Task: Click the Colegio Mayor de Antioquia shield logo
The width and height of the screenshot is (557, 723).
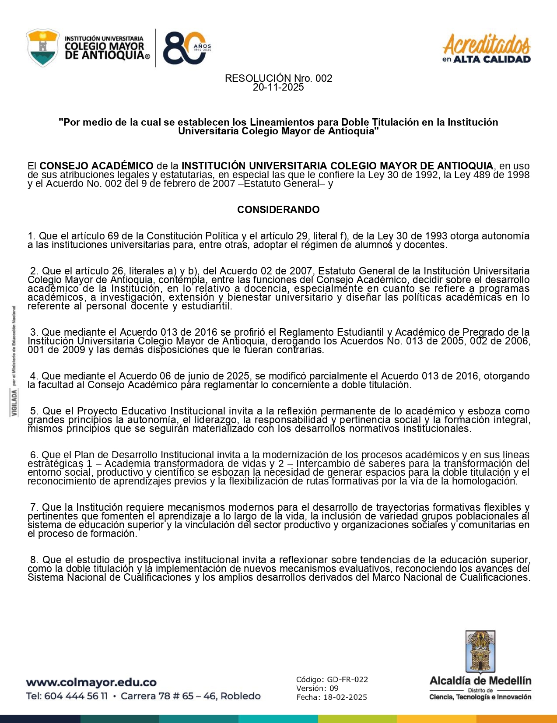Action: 42,48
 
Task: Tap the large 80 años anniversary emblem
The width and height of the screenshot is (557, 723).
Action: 186,48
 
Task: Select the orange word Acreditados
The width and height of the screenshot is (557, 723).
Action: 487,44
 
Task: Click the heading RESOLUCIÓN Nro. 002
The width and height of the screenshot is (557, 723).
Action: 278,78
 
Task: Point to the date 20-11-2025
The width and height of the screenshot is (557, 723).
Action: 278,87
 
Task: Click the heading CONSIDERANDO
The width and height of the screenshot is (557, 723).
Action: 278,210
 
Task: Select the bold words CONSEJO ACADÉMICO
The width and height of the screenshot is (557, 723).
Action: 96,166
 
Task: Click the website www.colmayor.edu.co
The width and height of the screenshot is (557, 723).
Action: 91,682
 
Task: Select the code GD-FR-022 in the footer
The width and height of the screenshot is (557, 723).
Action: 347,680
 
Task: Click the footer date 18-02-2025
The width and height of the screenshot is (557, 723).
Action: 345,697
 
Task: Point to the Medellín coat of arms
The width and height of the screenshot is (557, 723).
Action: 480,651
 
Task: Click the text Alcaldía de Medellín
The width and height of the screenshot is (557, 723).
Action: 480,681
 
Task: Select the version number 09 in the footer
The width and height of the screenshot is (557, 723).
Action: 334,688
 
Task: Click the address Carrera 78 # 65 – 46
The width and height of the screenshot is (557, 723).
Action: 169,696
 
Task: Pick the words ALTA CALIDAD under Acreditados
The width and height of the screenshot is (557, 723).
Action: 492,60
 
